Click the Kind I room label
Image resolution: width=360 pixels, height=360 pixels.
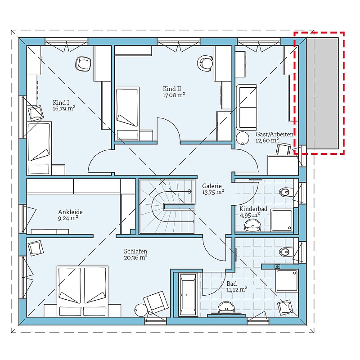pyautogui.click(x=61, y=103)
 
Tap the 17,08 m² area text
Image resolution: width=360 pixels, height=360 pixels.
pyautogui.click(x=174, y=95)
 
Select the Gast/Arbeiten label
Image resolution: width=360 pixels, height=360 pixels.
pyautogui.click(x=274, y=134)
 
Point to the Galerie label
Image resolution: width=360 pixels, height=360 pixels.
pyautogui.click(x=211, y=186)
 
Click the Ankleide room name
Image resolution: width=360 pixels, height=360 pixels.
pyautogui.click(x=70, y=212)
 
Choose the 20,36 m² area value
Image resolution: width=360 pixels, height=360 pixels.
pyautogui.click(x=135, y=257)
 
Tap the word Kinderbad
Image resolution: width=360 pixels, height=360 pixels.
pyautogui.click(x=253, y=209)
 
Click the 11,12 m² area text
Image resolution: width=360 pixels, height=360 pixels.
pyautogui.click(x=237, y=289)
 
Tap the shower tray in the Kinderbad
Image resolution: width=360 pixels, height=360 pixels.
pyautogui.click(x=282, y=220)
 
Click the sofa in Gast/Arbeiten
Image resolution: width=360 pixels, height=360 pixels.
pyautogui.click(x=247, y=107)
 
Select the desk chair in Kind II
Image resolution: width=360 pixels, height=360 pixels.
pyautogui.click(x=205, y=63)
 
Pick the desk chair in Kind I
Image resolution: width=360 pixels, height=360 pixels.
pyautogui.click(x=83, y=63)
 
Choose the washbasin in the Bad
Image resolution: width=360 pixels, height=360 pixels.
pyautogui.click(x=226, y=308)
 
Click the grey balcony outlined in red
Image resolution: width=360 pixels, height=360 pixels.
pyautogui.click(x=322, y=93)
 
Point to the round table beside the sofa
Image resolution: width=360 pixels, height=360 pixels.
pyautogui.click(x=243, y=139)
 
